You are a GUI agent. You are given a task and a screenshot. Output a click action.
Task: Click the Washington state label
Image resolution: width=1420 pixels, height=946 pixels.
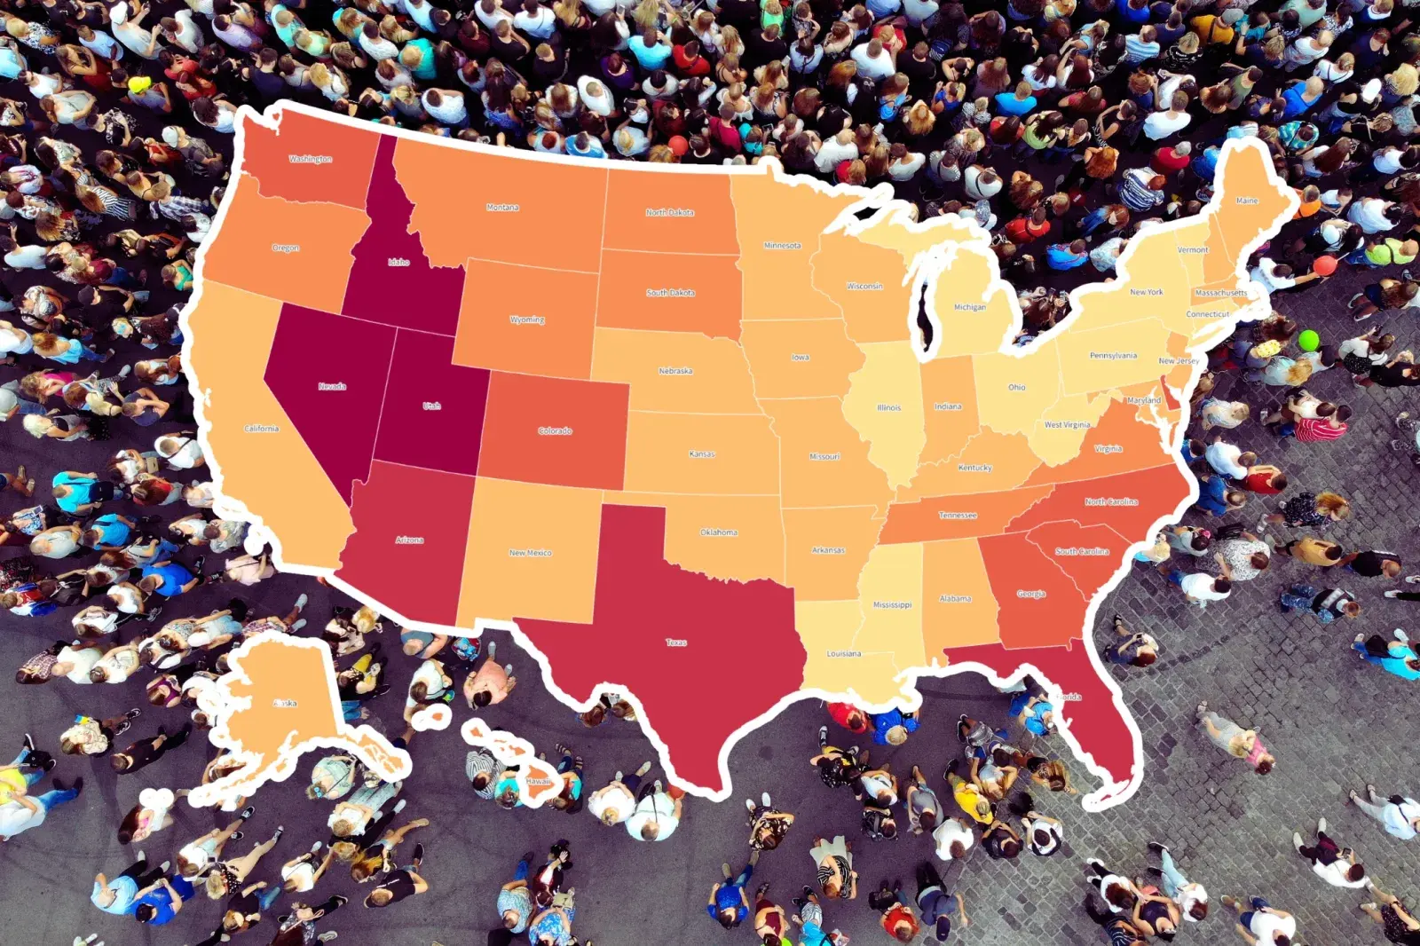[311, 159]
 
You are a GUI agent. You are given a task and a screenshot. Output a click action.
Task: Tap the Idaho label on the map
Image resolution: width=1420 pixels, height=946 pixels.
[398, 262]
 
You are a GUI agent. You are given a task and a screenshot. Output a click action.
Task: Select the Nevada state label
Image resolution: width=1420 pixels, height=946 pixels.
[332, 386]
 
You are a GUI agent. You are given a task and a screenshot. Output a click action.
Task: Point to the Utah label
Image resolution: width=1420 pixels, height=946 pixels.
[431, 406]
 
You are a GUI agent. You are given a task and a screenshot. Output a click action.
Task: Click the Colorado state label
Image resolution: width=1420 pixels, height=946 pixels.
[555, 430]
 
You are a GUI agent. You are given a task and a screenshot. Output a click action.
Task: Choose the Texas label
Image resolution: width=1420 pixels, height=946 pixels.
[676, 642]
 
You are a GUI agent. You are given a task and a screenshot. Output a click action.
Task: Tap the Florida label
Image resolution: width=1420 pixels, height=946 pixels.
[1069, 697]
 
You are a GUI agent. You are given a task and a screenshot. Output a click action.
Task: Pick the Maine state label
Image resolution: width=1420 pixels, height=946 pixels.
[1247, 201]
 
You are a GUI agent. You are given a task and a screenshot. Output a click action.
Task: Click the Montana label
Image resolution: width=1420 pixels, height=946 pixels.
[502, 207]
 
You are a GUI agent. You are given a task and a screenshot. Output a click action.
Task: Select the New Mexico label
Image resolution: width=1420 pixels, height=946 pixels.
[530, 552]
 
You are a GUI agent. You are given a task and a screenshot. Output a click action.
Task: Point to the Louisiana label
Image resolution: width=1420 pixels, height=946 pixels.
[843, 653]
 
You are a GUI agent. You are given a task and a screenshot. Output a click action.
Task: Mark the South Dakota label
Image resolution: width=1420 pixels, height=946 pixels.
[670, 292]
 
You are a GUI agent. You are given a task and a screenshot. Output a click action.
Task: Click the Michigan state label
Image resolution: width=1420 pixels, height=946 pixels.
[969, 307]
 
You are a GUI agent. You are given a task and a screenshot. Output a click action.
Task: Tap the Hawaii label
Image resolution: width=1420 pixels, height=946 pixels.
[538, 781]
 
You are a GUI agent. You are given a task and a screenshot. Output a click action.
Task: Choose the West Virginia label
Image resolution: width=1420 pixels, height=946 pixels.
[1067, 424]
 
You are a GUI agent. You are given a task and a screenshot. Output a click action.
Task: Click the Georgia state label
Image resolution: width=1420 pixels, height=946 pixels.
[1031, 594]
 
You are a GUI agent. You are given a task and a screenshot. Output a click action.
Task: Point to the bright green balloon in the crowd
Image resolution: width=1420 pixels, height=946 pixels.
[1308, 340]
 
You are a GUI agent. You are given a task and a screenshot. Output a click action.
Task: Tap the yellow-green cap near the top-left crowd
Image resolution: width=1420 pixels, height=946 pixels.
[139, 84]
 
